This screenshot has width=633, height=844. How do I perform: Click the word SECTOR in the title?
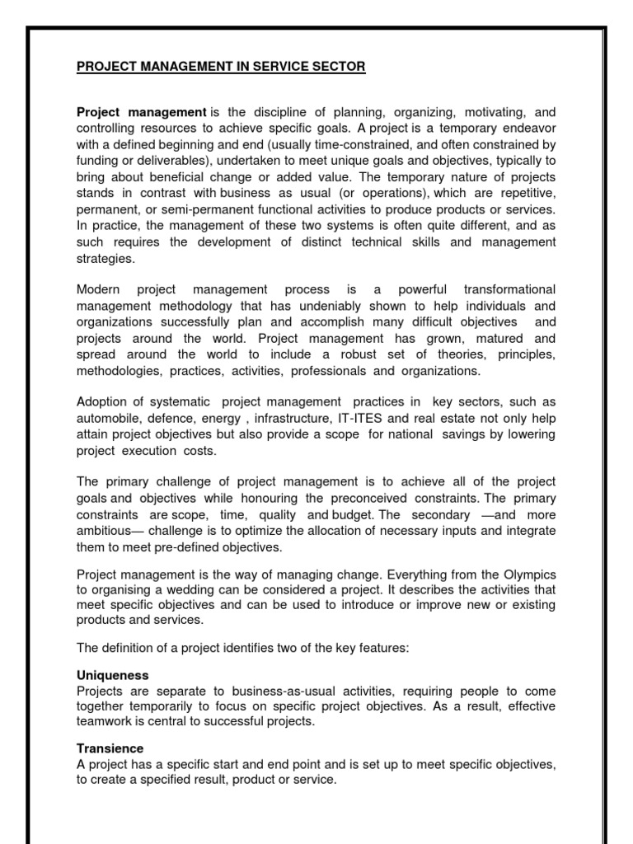[337, 67]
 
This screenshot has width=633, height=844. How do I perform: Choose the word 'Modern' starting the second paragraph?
[98, 289]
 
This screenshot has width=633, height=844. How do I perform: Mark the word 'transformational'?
[509, 289]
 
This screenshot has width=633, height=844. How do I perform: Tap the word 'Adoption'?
[100, 402]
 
